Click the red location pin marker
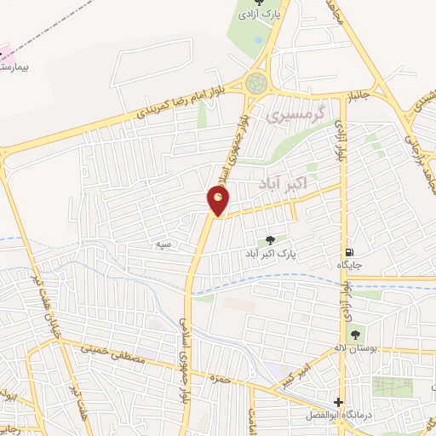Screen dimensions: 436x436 219,201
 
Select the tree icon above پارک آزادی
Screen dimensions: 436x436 260,3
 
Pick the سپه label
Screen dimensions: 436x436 163,244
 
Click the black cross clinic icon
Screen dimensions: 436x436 339,402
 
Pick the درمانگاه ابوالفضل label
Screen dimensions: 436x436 338,416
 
